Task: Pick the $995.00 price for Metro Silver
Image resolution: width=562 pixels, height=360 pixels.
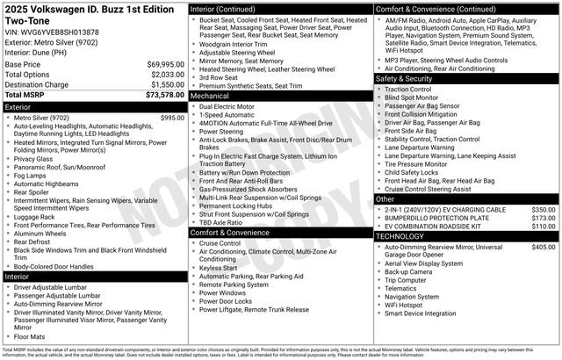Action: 172,118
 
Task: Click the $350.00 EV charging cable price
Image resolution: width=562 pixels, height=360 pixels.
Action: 543,210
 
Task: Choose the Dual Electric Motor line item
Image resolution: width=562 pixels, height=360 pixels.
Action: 232,105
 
